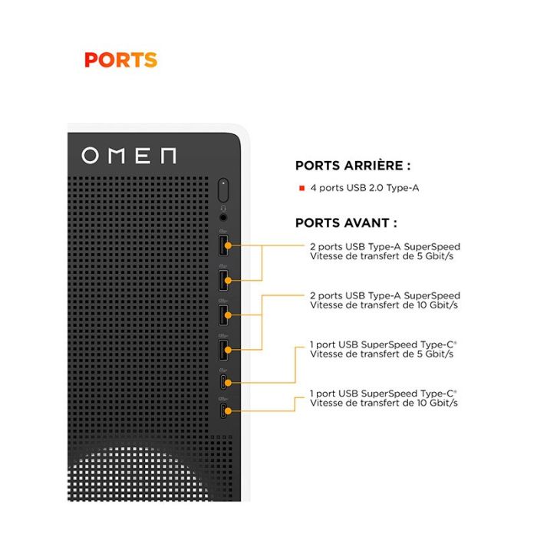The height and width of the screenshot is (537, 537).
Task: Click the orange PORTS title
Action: (x=120, y=60)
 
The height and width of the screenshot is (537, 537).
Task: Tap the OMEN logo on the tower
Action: (x=129, y=156)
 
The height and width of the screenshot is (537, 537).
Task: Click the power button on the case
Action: (x=223, y=189)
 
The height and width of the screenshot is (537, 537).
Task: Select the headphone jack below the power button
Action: (x=223, y=217)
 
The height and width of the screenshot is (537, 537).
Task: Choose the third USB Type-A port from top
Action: (x=223, y=315)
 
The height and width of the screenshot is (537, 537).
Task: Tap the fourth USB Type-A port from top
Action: (x=223, y=349)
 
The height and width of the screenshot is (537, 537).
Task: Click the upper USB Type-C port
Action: (x=223, y=381)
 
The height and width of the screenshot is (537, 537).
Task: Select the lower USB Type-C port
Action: (x=223, y=411)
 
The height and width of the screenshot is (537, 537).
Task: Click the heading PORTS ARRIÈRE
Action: (x=352, y=166)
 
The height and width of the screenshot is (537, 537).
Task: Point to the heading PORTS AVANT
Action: (x=346, y=223)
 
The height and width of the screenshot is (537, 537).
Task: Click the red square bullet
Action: (x=302, y=188)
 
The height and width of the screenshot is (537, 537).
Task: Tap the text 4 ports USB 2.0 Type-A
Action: (x=364, y=188)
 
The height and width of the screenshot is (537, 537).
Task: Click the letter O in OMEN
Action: (x=91, y=156)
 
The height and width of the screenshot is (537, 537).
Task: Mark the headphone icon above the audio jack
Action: (x=223, y=207)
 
